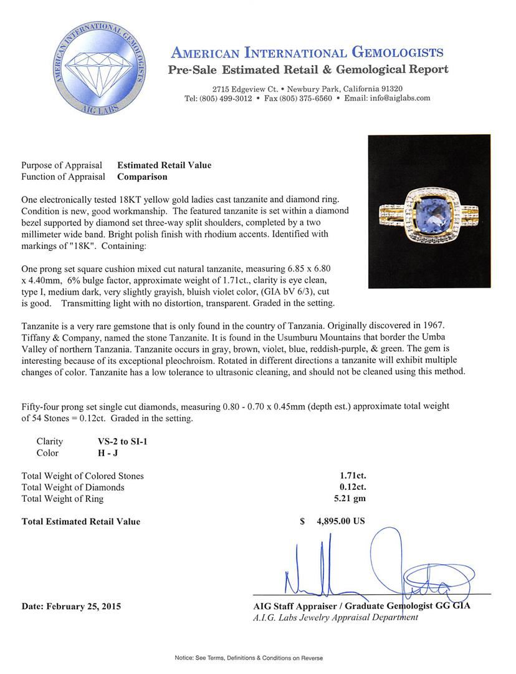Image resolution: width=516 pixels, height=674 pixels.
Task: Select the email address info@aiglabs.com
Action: [x=396, y=98]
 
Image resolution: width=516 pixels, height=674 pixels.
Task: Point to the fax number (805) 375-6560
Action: [x=298, y=98]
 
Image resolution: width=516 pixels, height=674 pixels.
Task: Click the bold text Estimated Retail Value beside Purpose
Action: [x=165, y=165]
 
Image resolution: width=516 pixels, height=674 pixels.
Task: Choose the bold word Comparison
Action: [x=142, y=177]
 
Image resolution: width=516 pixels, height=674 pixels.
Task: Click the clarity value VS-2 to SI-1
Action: [x=118, y=441]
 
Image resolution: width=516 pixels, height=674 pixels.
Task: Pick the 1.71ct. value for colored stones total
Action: [x=353, y=476]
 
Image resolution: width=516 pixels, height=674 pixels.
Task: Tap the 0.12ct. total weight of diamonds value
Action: [x=353, y=487]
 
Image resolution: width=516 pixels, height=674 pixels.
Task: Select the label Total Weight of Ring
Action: [x=63, y=498]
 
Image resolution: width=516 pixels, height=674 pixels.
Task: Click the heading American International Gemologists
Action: [x=307, y=52]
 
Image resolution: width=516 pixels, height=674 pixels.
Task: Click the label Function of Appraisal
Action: [x=63, y=177]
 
